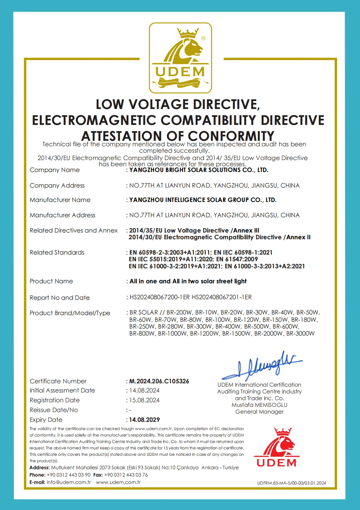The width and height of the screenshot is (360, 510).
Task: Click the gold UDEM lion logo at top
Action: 180,58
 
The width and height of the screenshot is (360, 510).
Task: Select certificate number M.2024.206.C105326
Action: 159,381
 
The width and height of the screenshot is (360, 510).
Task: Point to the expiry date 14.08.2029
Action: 145,420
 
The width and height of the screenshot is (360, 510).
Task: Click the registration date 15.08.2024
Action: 144,400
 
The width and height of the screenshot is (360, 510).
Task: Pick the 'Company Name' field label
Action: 55,170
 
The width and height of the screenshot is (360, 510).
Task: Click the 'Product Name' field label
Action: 51,281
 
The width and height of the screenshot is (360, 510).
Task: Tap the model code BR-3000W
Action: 300,334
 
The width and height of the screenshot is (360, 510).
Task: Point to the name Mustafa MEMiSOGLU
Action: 259,405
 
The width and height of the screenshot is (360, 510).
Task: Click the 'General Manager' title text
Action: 259,412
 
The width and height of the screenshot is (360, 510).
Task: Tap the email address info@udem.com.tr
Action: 69,482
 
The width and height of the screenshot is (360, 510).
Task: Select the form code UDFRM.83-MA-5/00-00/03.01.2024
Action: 291,483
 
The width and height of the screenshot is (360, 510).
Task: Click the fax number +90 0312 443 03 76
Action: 126,475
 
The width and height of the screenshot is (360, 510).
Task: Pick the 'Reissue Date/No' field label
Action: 54,410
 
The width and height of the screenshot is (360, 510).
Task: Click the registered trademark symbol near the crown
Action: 203,38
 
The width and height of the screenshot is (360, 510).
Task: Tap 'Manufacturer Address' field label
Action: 63,215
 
